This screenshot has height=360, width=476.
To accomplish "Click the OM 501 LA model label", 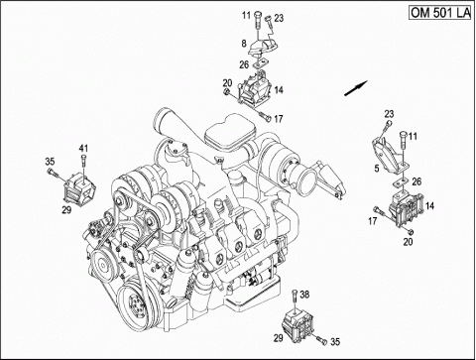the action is (440, 12).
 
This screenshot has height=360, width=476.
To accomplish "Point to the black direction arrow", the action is (356, 88).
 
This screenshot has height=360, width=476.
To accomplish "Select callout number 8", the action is (244, 44).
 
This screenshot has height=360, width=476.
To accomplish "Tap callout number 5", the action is (377, 169).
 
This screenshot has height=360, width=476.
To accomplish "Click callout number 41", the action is (83, 148).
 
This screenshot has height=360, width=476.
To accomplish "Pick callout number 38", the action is (304, 294).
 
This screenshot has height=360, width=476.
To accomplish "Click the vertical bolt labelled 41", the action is (83, 167).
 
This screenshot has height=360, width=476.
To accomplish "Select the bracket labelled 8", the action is (263, 46).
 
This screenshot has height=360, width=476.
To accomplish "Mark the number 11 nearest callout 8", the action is (246, 15).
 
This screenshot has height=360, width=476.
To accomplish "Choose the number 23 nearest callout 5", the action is (389, 114).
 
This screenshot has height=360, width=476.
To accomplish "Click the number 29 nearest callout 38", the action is (278, 338).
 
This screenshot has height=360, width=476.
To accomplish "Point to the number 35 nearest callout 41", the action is (50, 162).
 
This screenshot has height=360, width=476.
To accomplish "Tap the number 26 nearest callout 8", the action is (244, 64).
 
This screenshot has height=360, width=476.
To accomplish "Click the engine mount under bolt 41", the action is (79, 186).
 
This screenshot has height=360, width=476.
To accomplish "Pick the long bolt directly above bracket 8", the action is (258, 24).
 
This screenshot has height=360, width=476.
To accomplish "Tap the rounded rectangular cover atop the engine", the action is (229, 131).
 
